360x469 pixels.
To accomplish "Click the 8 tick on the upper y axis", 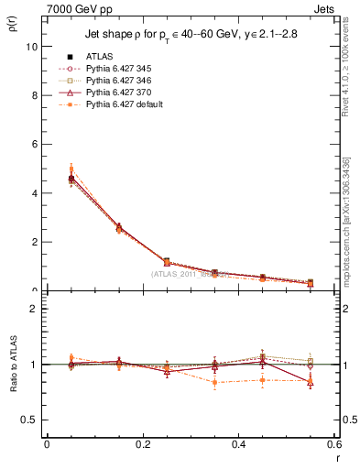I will tap(38, 95).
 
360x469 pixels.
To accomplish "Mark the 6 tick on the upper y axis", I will tap(38, 144).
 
